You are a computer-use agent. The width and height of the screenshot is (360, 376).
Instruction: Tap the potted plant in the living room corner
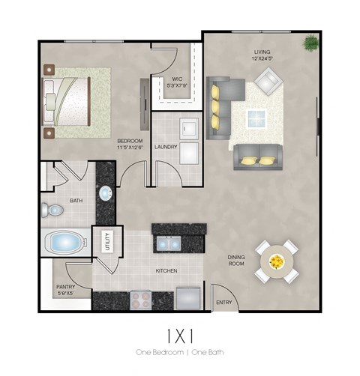click(x=309, y=44)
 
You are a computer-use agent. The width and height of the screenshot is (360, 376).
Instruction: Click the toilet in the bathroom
click(x=51, y=208)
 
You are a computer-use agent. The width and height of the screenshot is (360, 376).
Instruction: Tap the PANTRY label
click(x=64, y=286)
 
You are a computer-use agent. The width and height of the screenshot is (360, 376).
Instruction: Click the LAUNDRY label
click(x=165, y=147)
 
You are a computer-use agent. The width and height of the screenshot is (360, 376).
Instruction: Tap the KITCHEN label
click(x=166, y=270)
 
